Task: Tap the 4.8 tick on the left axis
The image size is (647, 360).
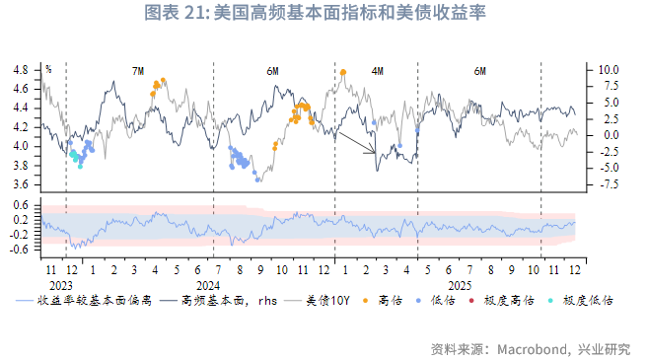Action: coord(21,70)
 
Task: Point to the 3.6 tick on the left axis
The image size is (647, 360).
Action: coord(21,184)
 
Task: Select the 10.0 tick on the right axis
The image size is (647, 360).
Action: coord(609,70)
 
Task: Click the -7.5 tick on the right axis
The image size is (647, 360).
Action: coord(609,184)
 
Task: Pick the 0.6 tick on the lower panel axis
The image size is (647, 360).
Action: coord(21,205)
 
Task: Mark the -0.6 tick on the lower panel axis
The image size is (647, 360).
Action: coord(19,249)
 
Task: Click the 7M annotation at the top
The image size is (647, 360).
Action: coord(138,72)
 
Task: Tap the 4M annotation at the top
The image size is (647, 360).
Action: coord(378,72)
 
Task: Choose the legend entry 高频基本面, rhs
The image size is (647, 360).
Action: coord(218,300)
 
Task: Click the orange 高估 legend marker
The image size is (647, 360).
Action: coord(364,300)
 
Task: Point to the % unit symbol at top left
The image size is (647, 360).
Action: coord(47,69)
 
